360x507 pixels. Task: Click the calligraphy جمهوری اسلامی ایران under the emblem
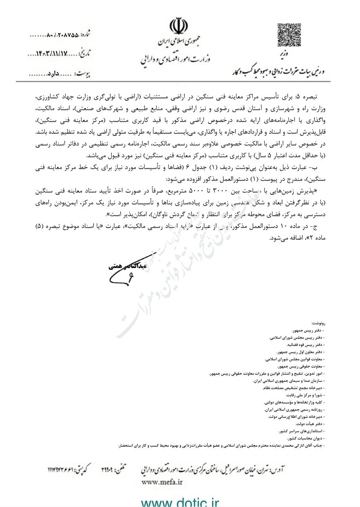point(180,42)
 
